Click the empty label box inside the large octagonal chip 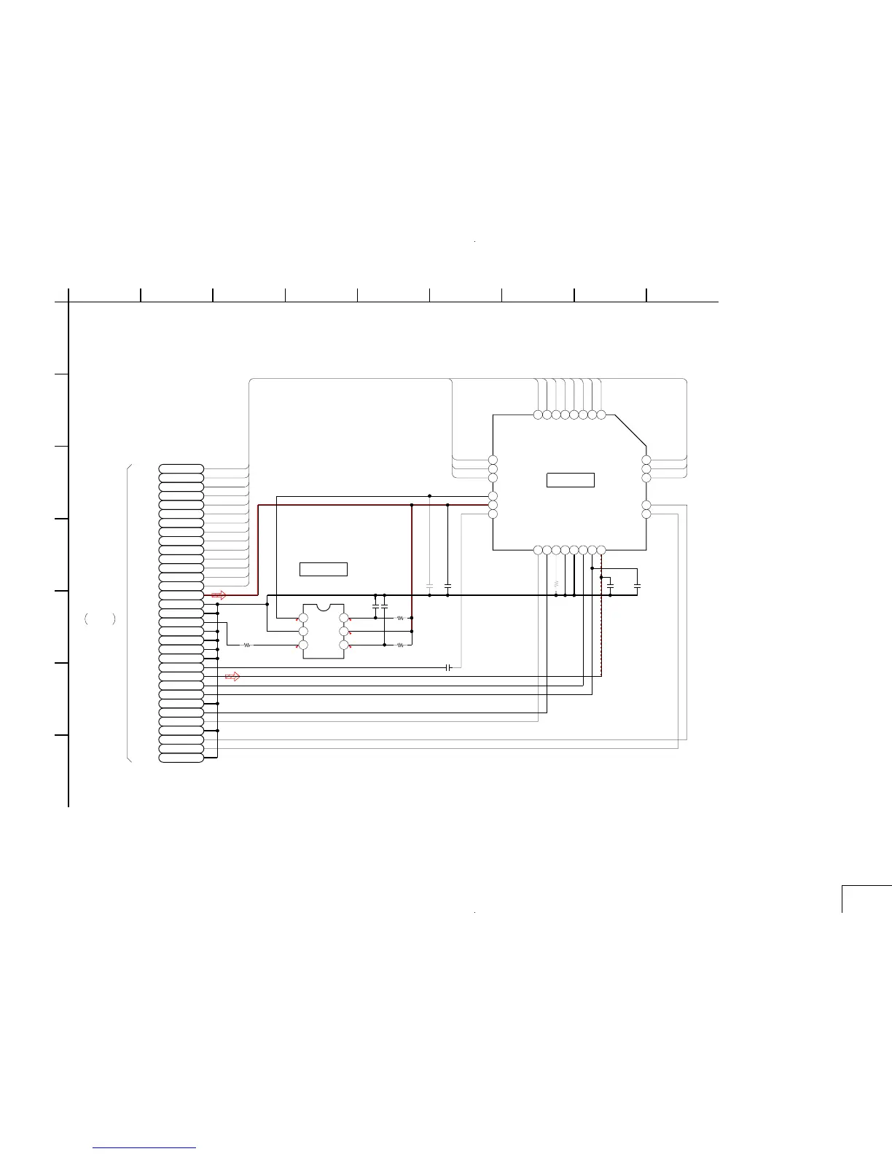coord(571,480)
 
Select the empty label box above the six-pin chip coord(323,569)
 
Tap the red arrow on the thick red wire coord(219,595)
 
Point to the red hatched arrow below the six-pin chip coord(232,677)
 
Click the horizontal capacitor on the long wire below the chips coord(449,667)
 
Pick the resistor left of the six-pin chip coord(247,645)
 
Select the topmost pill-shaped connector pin coord(181,467)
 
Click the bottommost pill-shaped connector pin coord(181,758)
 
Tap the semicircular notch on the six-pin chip coord(323,606)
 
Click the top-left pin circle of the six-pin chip coord(303,619)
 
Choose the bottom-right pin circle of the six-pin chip coord(344,645)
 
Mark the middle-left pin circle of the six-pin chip coord(303,632)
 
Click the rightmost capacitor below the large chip coord(637,586)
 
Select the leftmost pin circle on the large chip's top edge coord(538,415)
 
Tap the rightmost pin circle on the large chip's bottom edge coord(601,549)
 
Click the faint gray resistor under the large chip coord(556,584)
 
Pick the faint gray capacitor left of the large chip coord(429,586)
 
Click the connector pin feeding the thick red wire coord(181,595)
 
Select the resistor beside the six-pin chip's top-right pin coord(400,618)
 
